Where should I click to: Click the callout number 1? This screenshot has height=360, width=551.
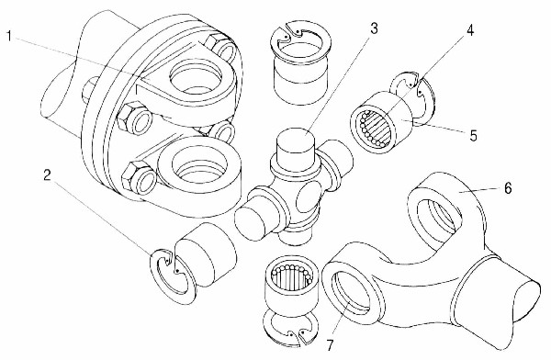click(x=9, y=36)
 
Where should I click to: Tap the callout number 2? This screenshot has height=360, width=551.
click(x=48, y=174)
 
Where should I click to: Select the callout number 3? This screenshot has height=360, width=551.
click(x=374, y=28)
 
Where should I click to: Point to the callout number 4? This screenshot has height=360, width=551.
click(x=470, y=30)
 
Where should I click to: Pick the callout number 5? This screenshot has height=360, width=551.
click(x=474, y=135)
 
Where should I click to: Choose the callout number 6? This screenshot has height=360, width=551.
click(x=508, y=188)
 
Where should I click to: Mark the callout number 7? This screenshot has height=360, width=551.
click(x=330, y=345)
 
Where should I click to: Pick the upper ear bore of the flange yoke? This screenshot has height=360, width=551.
click(x=196, y=78)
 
